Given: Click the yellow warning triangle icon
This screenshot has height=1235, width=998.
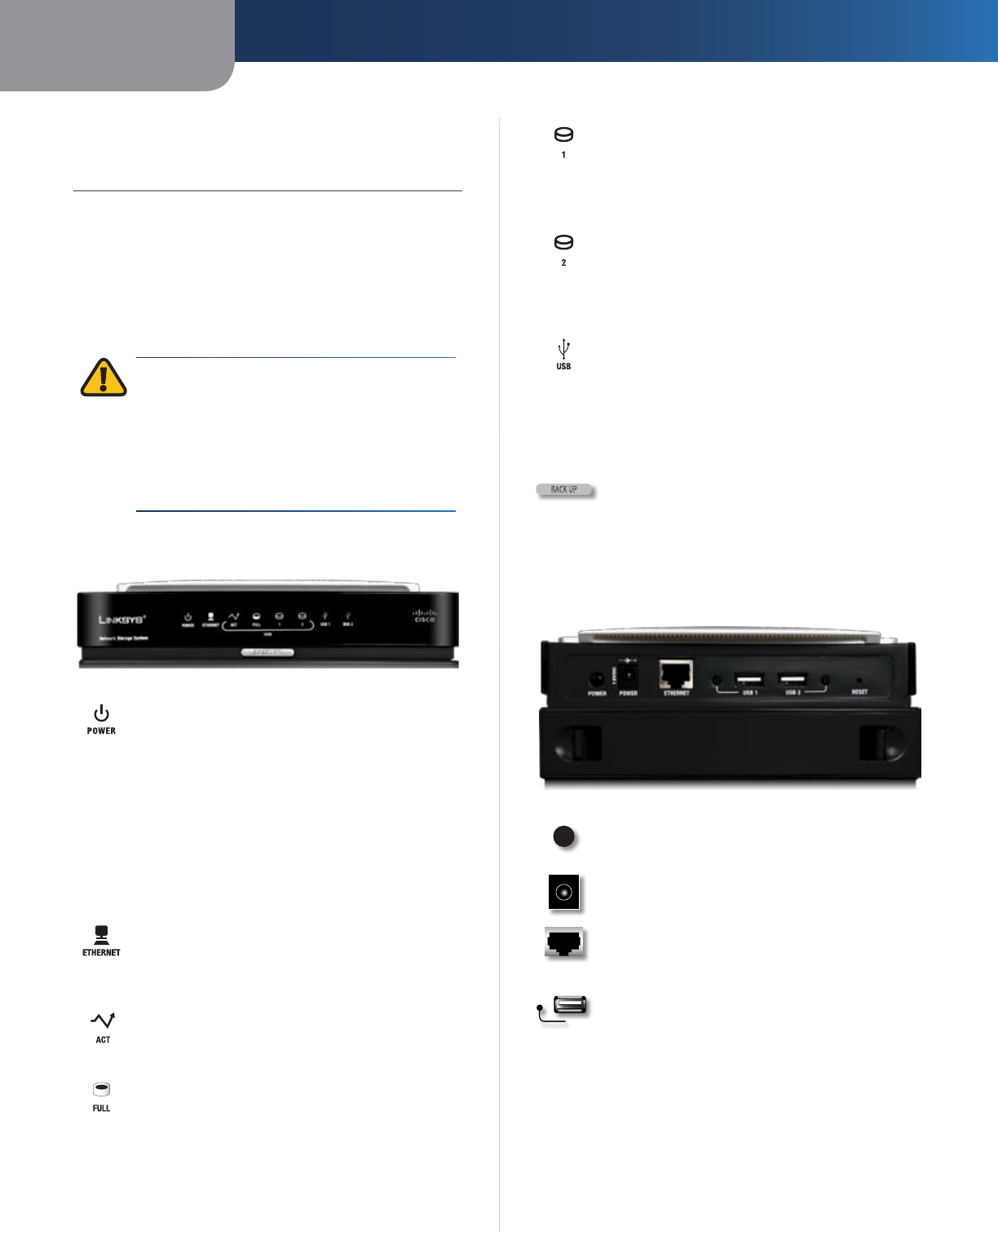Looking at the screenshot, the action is click(x=104, y=378).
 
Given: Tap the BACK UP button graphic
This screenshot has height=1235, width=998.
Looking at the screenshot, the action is click(x=565, y=490).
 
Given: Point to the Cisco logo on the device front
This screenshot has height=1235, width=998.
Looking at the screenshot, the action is click(x=424, y=616).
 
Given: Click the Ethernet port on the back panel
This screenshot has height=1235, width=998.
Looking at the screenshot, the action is click(x=676, y=674).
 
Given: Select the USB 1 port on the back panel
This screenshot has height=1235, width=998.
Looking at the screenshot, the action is click(x=749, y=679).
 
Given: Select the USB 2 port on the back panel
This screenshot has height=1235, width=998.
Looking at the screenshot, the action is click(x=793, y=679).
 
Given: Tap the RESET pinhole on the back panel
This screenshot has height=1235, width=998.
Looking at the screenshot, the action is click(x=859, y=680).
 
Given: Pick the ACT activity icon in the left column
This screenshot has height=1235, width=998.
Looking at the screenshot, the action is click(x=103, y=1021).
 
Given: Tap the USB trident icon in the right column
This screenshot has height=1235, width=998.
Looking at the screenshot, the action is click(x=563, y=350).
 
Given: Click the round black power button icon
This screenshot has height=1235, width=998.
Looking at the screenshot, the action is click(x=563, y=836).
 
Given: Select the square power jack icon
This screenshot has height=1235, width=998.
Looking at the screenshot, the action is click(x=564, y=893).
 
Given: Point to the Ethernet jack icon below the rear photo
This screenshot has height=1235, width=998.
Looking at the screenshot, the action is click(x=564, y=943).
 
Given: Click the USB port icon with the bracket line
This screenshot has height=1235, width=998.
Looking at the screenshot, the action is click(x=569, y=1006).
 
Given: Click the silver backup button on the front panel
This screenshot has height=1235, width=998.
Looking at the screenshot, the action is click(x=267, y=652).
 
